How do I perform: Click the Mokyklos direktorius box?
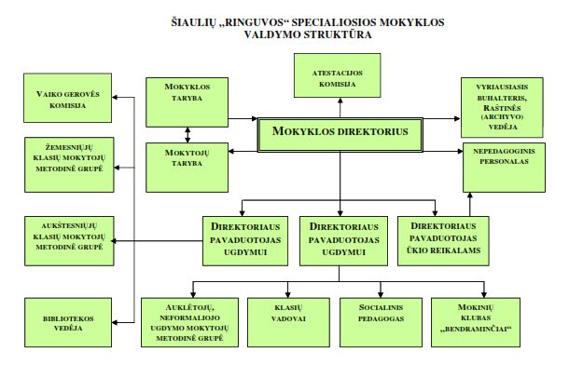(340, 132)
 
